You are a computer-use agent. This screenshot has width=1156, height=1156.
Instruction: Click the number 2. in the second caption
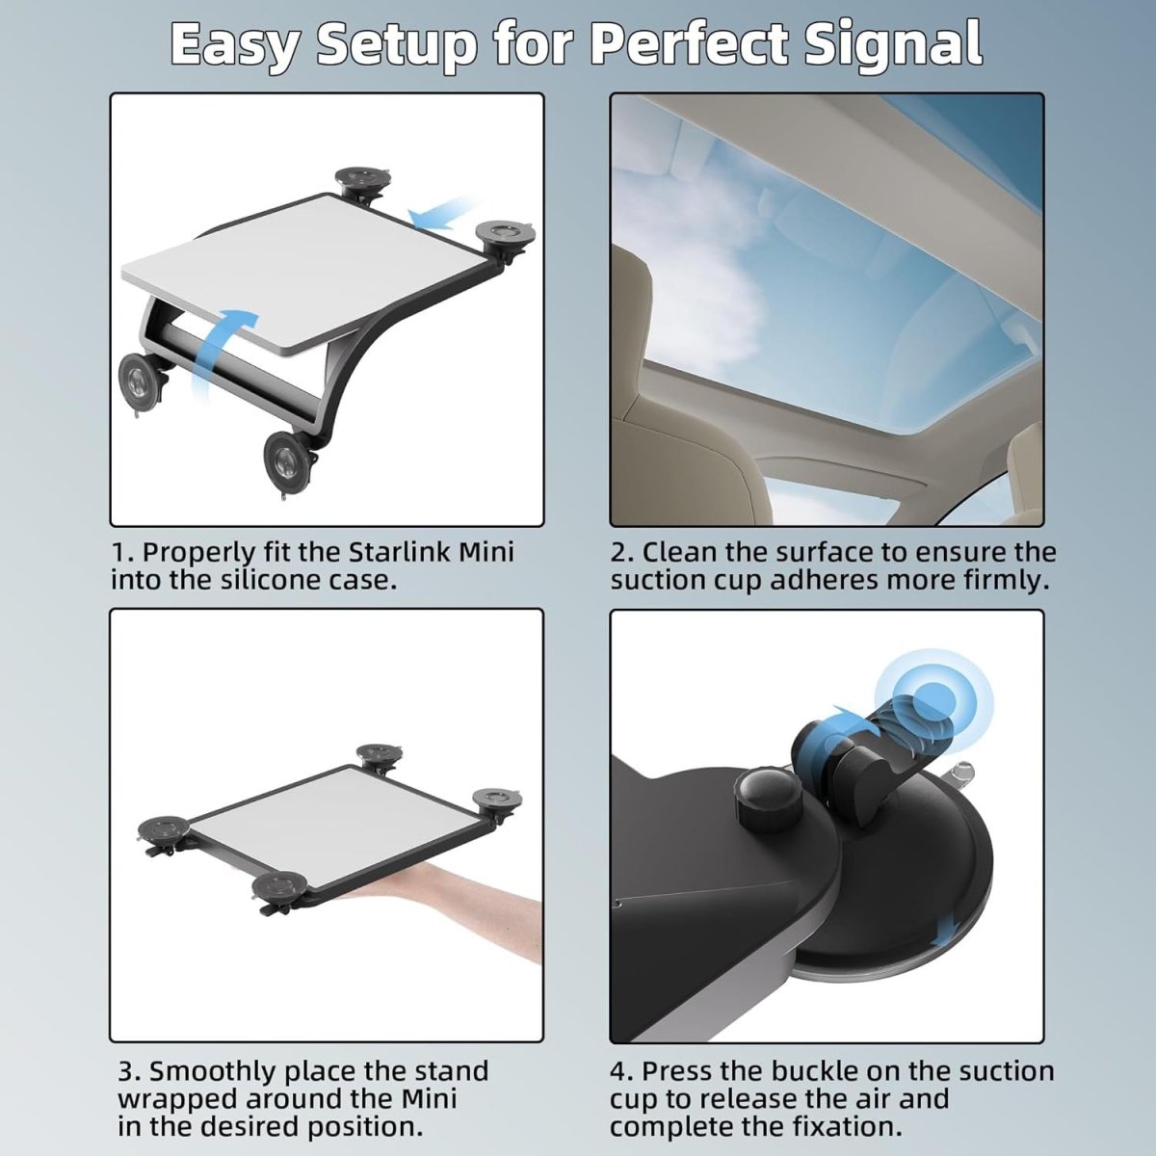click(622, 553)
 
